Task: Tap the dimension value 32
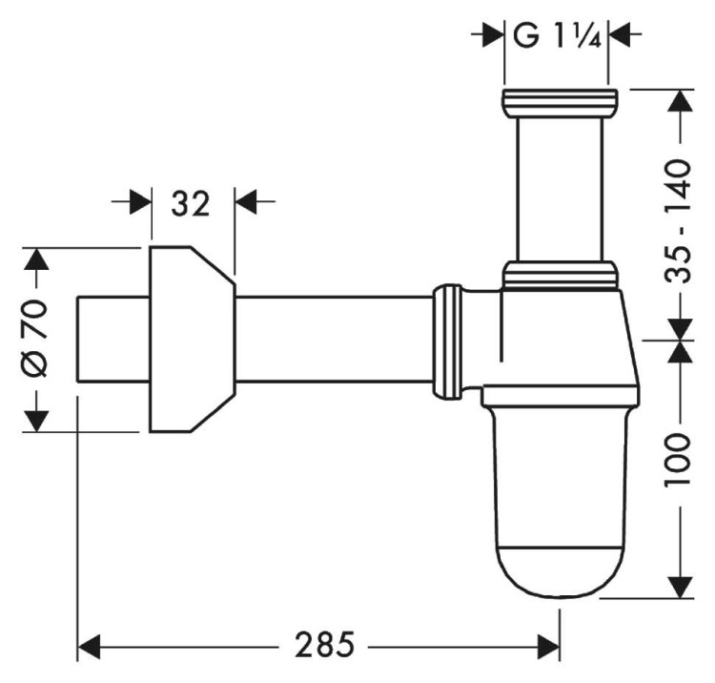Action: click(x=191, y=202)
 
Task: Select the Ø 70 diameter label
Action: click(x=35, y=339)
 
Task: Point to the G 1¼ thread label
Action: click(x=556, y=35)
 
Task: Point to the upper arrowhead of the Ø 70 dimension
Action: click(x=35, y=261)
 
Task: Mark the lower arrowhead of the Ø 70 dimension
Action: click(x=35, y=418)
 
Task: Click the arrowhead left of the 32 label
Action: click(x=139, y=202)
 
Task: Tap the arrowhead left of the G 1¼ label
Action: click(x=491, y=35)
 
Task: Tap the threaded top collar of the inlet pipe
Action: click(x=559, y=99)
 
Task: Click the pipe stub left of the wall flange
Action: click(x=112, y=339)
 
